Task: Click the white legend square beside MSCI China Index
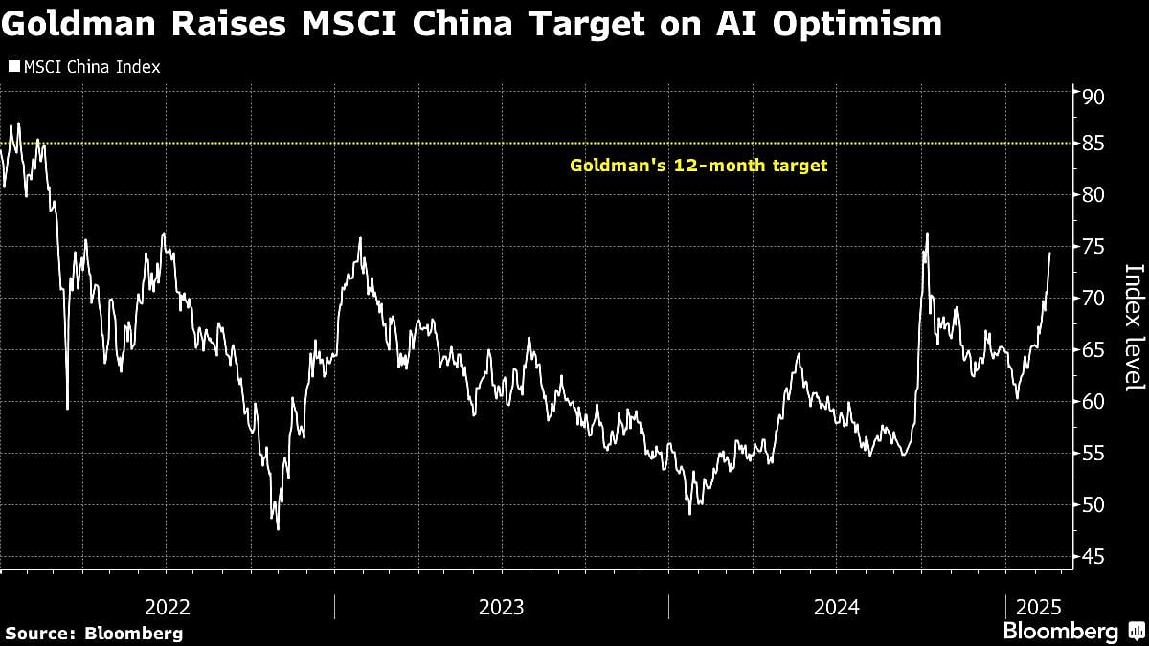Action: (x=13, y=67)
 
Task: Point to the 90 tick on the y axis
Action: (x=1093, y=98)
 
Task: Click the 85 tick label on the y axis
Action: (x=1093, y=144)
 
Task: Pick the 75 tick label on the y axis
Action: (x=1093, y=247)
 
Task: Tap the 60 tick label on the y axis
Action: (x=1093, y=402)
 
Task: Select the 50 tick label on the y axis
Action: (x=1093, y=505)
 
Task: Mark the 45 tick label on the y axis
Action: (x=1093, y=557)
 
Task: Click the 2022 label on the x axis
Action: (x=168, y=607)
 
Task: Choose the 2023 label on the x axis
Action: (x=501, y=607)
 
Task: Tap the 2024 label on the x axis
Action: (x=836, y=607)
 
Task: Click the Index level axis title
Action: (x=1133, y=326)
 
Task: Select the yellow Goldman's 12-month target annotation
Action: (x=698, y=166)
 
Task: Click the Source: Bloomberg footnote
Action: (x=94, y=633)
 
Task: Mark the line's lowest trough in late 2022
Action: (x=278, y=528)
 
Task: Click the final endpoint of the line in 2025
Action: (x=1049, y=254)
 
